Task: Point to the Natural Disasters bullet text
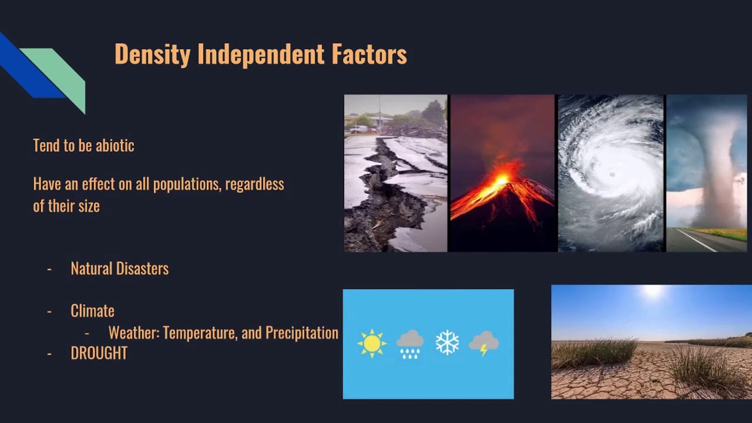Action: [119, 268]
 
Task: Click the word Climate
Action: [92, 311]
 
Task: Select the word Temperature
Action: [200, 333]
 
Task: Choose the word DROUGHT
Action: [99, 353]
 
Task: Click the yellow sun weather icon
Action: [372, 344]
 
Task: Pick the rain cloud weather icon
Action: [409, 344]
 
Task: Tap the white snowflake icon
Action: [447, 343]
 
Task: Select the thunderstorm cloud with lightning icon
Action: [484, 343]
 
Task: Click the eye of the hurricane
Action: [613, 174]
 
